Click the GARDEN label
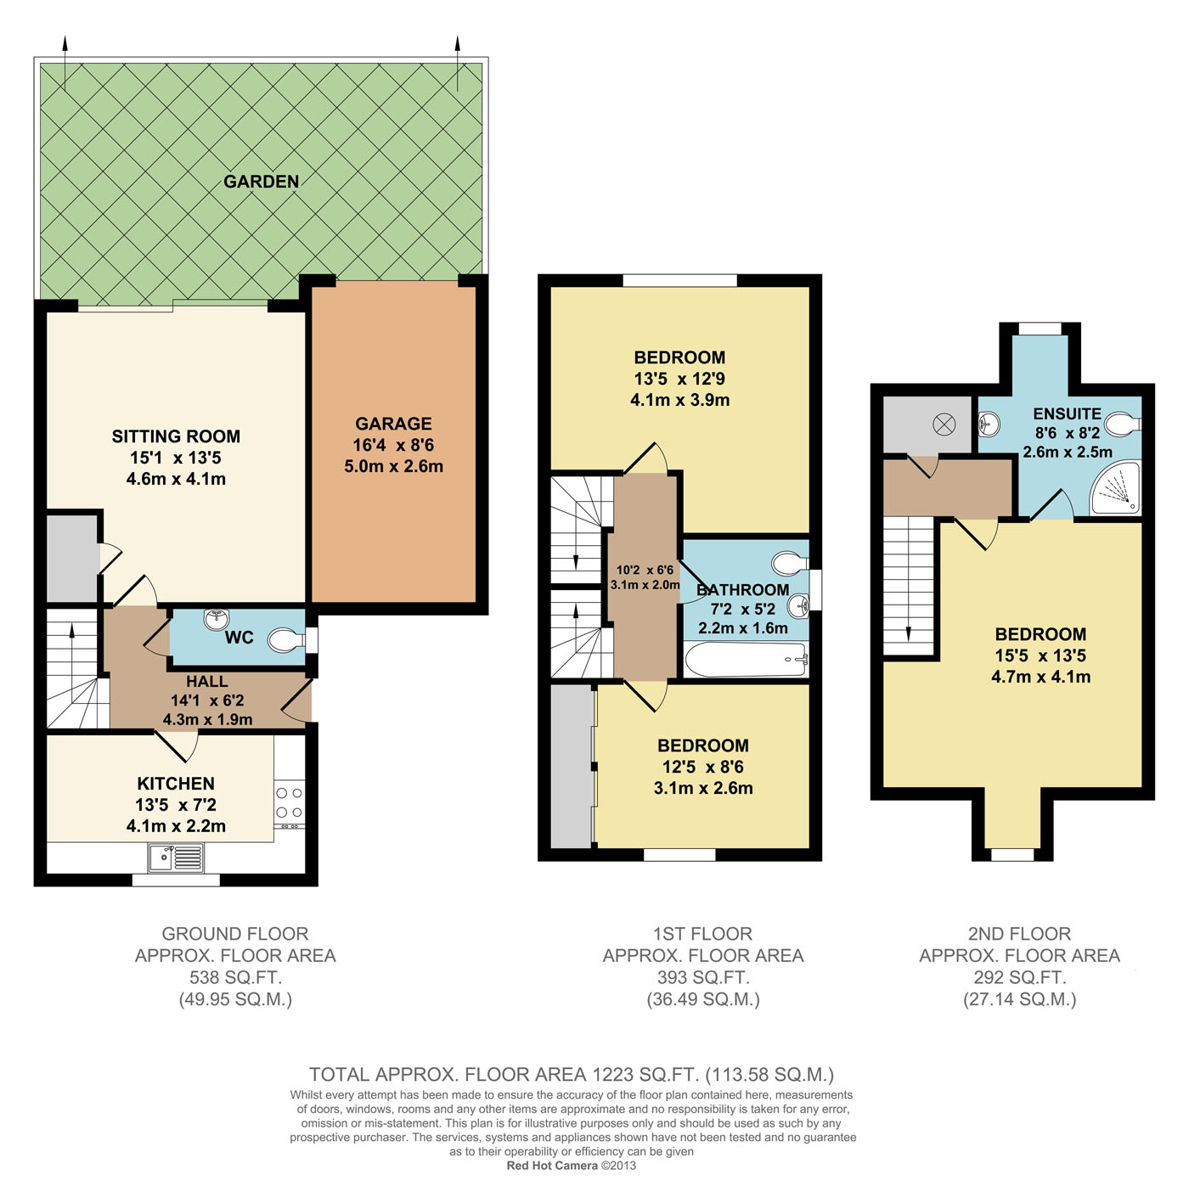coord(261,182)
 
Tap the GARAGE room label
coord(393,424)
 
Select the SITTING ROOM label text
coord(176,437)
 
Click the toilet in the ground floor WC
coord(285,640)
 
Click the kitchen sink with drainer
coord(176,858)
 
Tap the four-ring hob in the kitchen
coord(290,802)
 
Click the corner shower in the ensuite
coord(1115,491)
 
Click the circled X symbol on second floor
coord(944,425)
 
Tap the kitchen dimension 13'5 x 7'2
coord(176,805)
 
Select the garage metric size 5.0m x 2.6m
coord(393,466)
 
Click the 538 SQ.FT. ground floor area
coord(235,977)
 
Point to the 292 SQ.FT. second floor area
coord(1019,977)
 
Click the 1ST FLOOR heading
coord(703,934)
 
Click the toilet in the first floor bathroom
coord(790,563)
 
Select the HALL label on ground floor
coord(206,681)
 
